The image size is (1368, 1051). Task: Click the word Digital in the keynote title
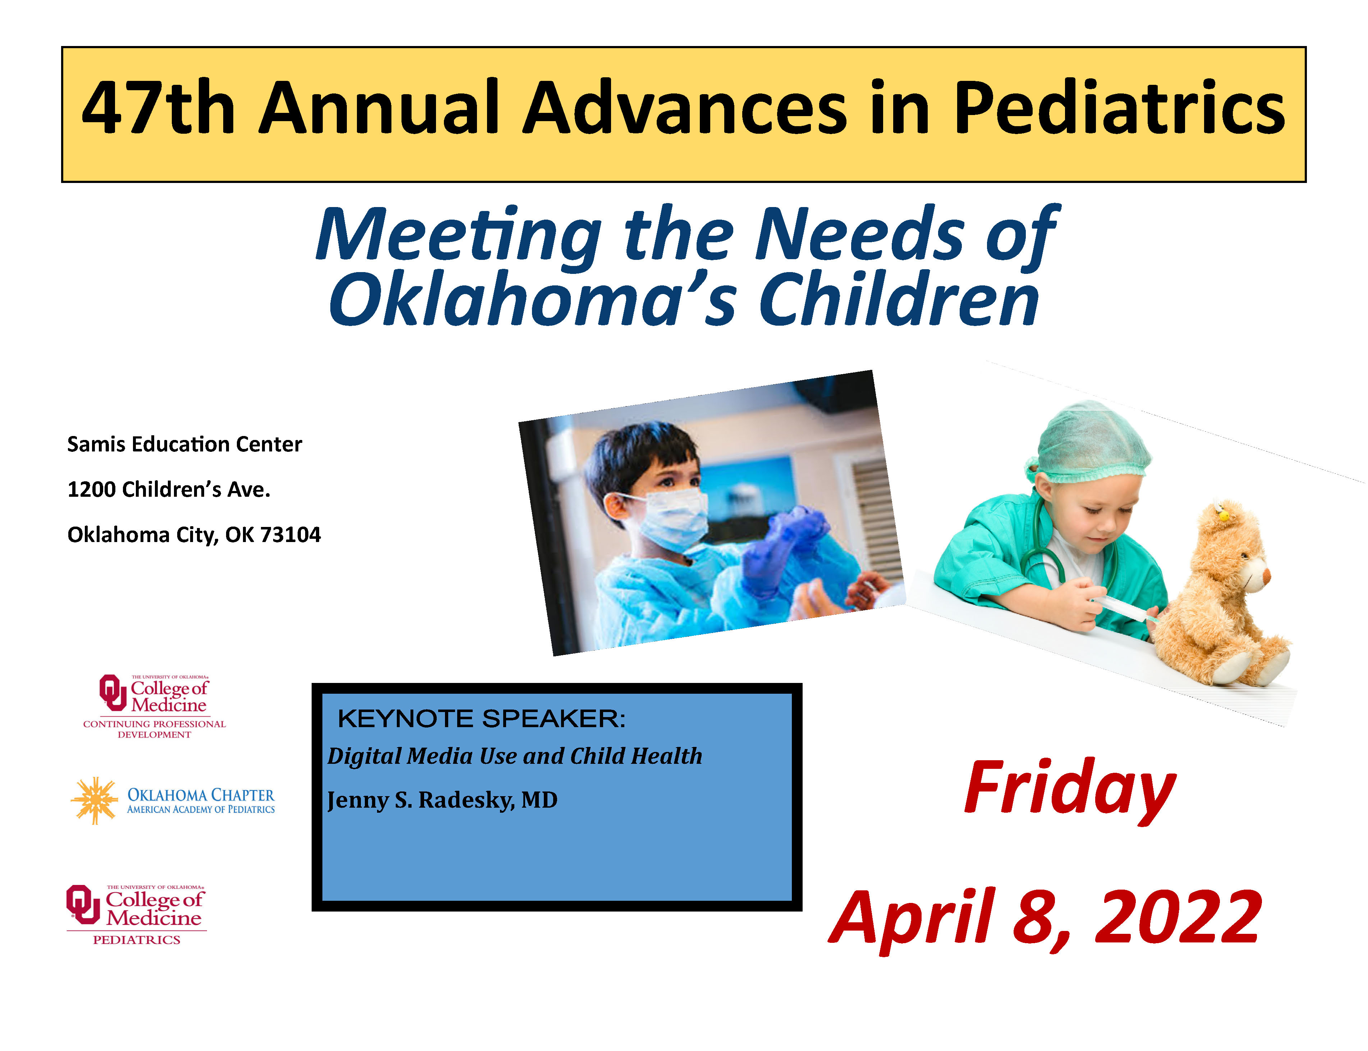[364, 756]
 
